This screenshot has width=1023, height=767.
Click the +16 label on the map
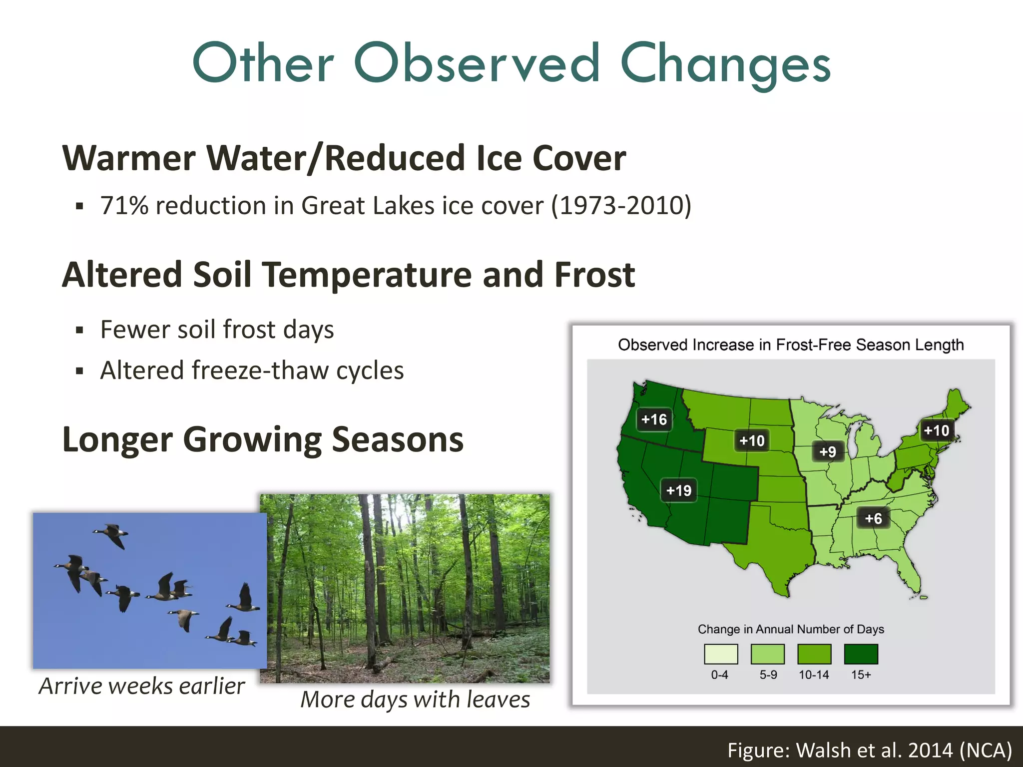[654, 419]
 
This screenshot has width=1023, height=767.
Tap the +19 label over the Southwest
[678, 490]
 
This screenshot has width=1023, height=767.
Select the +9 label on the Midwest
[828, 451]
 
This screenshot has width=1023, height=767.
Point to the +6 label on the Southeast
[873, 518]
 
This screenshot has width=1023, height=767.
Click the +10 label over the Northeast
[936, 430]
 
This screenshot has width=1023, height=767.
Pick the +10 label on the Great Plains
[752, 440]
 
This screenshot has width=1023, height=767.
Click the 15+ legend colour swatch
[861, 654]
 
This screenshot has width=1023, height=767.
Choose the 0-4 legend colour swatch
[720, 654]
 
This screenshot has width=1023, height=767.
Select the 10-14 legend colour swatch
[814, 654]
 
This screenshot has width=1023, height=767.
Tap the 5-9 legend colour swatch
[768, 654]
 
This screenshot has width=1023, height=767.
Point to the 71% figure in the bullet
[124, 206]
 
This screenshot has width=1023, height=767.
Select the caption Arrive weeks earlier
[142, 686]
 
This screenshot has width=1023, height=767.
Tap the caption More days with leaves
[415, 699]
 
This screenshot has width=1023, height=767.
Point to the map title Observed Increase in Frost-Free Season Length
[791, 345]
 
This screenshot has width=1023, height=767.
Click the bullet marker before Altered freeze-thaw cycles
[79, 371]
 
